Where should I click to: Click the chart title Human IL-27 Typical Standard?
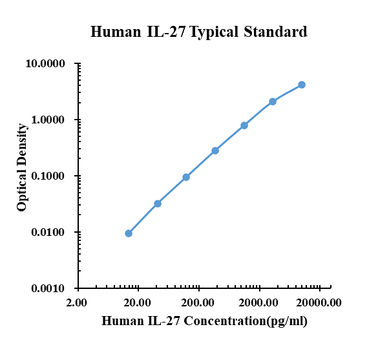pyautogui.click(x=199, y=32)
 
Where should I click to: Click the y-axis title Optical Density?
pyautogui.click(x=22, y=176)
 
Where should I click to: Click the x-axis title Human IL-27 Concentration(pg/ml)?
pyautogui.click(x=205, y=321)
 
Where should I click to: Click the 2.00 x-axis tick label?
pyautogui.click(x=77, y=302)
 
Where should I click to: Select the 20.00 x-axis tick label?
pyautogui.click(x=138, y=302)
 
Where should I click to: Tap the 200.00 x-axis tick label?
pyautogui.click(x=198, y=302)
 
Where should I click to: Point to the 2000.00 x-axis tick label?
pyautogui.click(x=259, y=302)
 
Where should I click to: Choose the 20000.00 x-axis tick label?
pyautogui.click(x=319, y=302)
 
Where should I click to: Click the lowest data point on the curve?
pyautogui.click(x=129, y=233)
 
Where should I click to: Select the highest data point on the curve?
pyautogui.click(x=302, y=85)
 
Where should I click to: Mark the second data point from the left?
pyautogui.click(x=158, y=204)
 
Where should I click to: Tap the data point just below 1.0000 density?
pyautogui.click(x=244, y=125)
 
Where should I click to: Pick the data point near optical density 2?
pyautogui.click(x=273, y=101)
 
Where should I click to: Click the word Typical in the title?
pyautogui.click(x=215, y=32)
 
